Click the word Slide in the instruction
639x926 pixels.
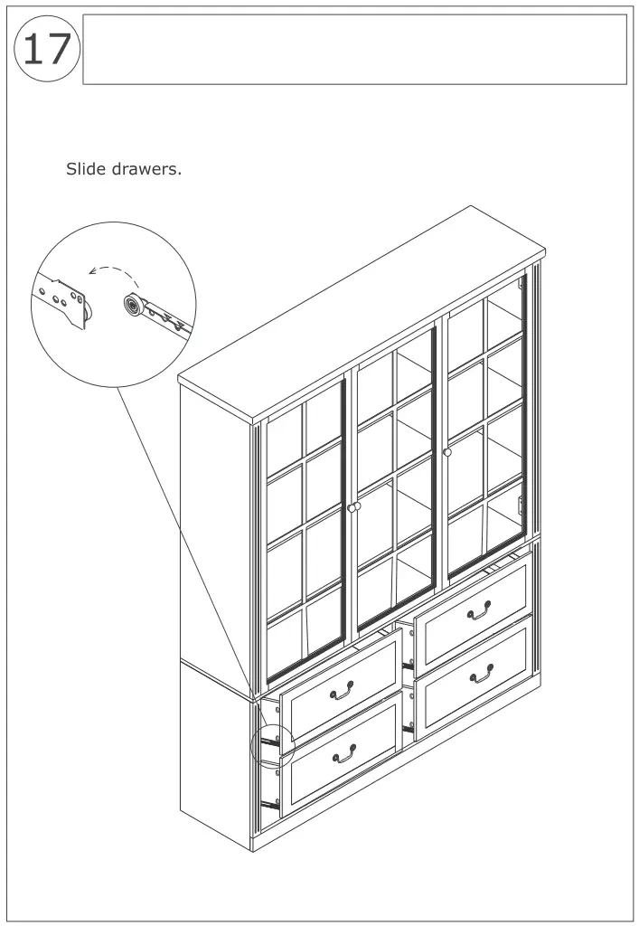pyautogui.click(x=85, y=169)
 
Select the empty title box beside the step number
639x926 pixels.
pyautogui.click(x=354, y=50)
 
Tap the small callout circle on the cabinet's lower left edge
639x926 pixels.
pyautogui.click(x=271, y=744)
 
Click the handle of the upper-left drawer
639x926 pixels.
pyautogui.click(x=342, y=693)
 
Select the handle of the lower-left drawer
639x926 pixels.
pyautogui.click(x=344, y=752)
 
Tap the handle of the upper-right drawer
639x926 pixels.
pyautogui.click(x=479, y=613)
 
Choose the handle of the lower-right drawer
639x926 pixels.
pyautogui.click(x=482, y=673)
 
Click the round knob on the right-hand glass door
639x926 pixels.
pyautogui.click(x=447, y=452)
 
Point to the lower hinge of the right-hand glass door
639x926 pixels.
pyautogui.click(x=520, y=503)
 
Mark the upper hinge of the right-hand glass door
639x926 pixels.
pyautogui.click(x=522, y=285)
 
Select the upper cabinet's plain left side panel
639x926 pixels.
pyautogui.click(x=215, y=534)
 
